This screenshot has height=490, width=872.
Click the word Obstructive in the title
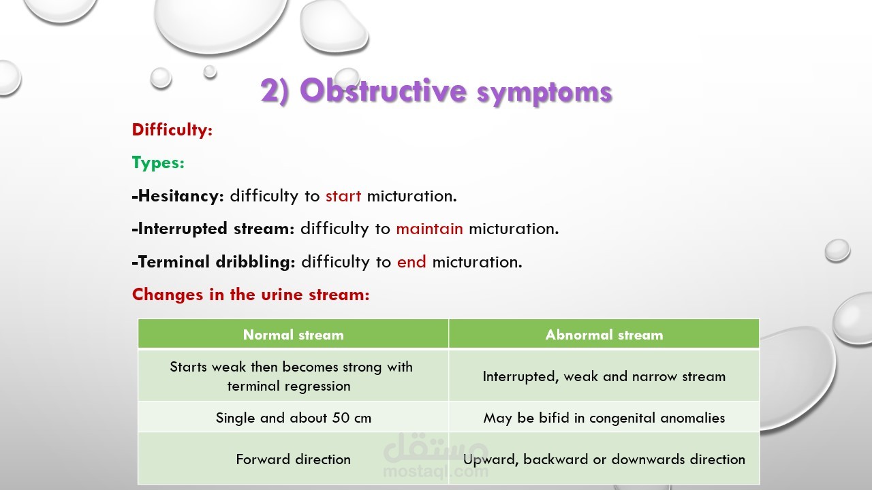point(383,91)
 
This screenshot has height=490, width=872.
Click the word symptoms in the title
point(545,93)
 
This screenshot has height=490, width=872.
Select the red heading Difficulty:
point(172,130)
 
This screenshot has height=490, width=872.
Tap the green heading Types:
point(158,163)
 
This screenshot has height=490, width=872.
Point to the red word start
point(343,196)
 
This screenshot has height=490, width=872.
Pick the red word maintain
point(429,229)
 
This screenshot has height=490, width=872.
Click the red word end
point(411,262)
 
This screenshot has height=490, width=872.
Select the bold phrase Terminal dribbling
point(214,262)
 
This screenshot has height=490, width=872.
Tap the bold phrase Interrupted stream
point(213,229)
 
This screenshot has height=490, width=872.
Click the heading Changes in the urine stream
point(251,295)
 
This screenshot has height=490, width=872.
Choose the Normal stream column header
point(294,334)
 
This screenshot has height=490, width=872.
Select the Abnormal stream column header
point(604,334)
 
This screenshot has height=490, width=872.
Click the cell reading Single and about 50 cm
point(294,418)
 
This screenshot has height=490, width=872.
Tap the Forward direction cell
point(294,459)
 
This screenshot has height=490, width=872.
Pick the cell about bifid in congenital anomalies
point(604,418)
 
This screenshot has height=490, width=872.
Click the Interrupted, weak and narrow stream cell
point(604,376)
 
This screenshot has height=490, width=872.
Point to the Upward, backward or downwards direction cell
point(604,459)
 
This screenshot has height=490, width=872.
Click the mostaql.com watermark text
point(435,472)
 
